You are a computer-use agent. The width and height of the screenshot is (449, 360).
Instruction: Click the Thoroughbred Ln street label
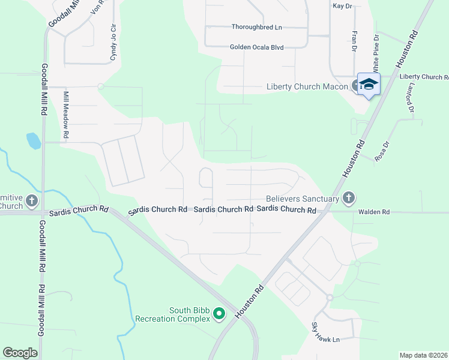coord(257,27)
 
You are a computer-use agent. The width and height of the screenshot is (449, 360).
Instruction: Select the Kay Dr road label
coord(341,5)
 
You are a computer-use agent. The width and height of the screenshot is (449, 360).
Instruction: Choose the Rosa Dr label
coord(382,152)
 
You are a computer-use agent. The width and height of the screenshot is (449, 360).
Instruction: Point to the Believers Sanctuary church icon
coord(349,198)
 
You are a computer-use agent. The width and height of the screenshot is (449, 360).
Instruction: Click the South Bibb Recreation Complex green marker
coord(219,314)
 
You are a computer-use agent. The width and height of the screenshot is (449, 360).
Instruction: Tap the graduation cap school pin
coord(369,85)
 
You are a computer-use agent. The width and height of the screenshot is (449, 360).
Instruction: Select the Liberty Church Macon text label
coord(307,87)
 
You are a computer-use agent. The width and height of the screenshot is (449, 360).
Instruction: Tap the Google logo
coord(20,353)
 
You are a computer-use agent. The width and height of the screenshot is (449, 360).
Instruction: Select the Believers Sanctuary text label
coord(302,199)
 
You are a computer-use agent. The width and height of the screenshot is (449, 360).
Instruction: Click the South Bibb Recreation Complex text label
coord(173,314)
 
